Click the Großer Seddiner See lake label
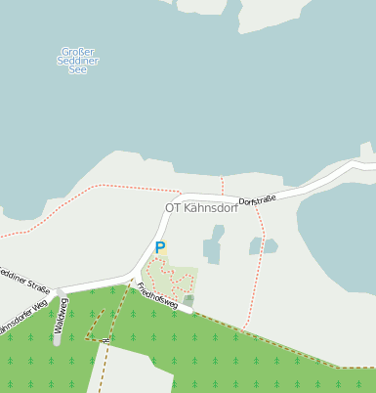click(78, 61)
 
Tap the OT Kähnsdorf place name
click(201, 208)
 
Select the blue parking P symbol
click(160, 248)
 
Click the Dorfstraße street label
click(258, 199)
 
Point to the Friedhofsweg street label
click(157, 296)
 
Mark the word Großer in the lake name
click(78, 51)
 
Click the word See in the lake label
click(78, 70)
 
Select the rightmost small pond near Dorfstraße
click(270, 245)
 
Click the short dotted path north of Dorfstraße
click(223, 186)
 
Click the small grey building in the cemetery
click(189, 300)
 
